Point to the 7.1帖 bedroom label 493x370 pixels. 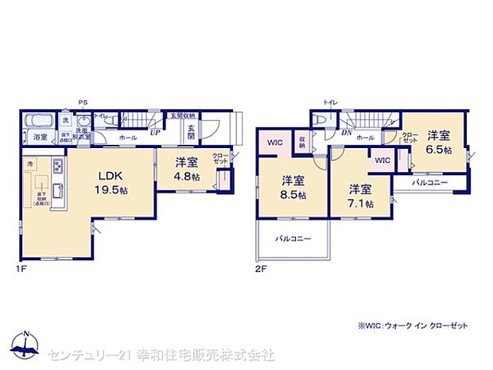tap(360, 195)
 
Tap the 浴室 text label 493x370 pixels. tap(40, 138)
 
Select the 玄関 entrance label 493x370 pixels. tap(192, 132)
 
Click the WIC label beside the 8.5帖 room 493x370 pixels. tap(275, 142)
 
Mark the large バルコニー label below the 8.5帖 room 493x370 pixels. tap(293, 239)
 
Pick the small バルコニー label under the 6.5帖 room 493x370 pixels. tap(430, 183)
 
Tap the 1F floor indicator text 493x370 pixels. tap(24, 269)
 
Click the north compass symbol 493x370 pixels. tap(25, 344)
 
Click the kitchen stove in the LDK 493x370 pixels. tap(58, 168)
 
